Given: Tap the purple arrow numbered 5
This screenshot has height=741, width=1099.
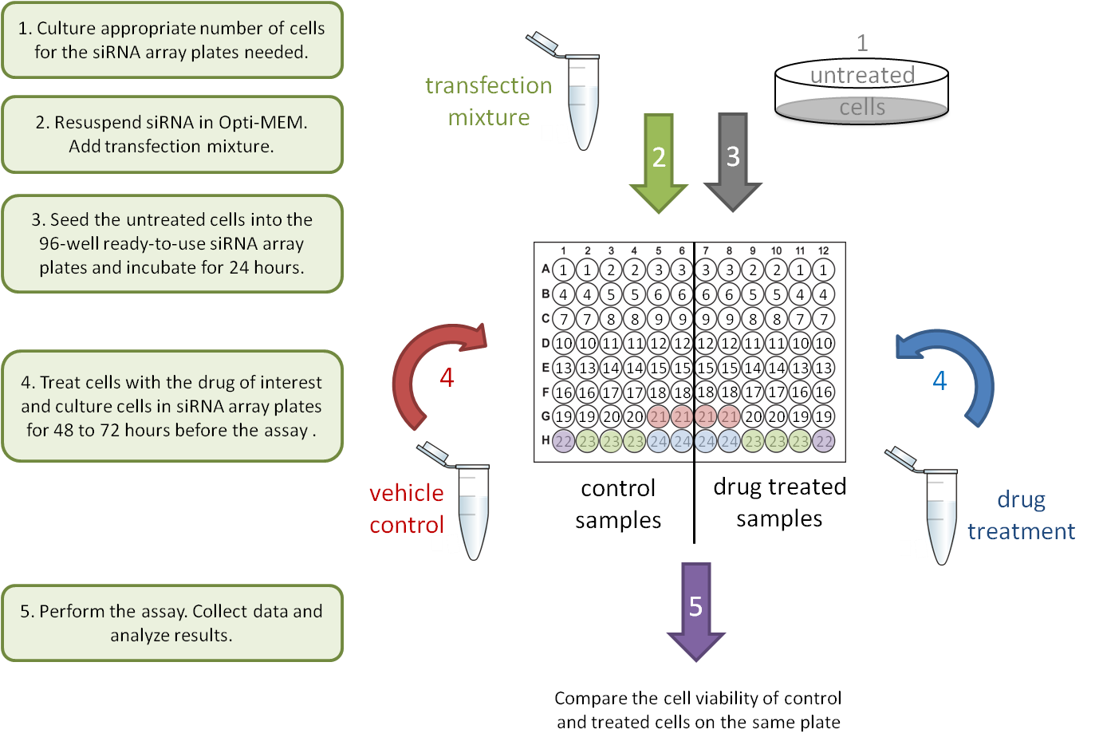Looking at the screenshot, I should coord(695,610).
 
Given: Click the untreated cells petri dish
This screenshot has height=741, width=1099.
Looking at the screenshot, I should coord(862,92).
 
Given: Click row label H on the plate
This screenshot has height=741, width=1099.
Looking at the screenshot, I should coord(546,440).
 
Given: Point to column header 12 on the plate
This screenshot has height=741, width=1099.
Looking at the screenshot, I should coord(823,250).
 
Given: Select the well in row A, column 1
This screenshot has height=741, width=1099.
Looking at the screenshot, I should coord(564,270).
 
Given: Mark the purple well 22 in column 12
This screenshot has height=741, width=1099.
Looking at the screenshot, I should coord(824,441).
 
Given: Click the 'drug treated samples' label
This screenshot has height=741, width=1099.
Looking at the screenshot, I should coord(779,503).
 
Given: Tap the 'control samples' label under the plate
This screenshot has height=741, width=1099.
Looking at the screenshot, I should coord(618,504).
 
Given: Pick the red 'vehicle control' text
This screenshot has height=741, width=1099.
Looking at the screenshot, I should coord(406,509).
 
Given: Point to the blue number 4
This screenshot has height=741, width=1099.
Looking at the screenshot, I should coord(939,380).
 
